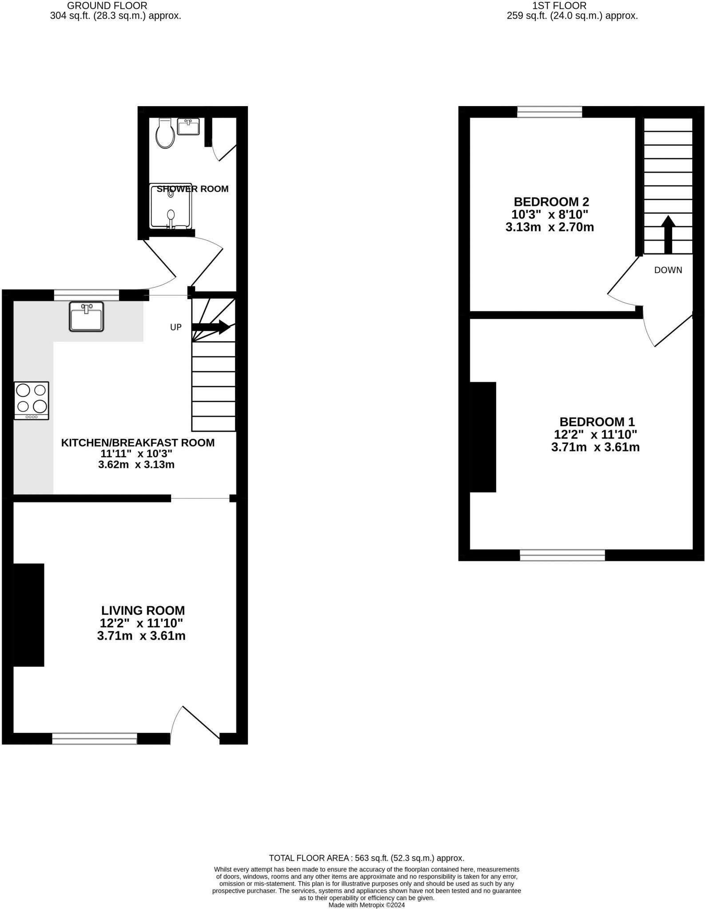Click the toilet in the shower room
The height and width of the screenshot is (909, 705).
click(x=165, y=134)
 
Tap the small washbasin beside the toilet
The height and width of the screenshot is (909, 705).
click(x=188, y=127)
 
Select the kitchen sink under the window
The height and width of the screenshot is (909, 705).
click(x=87, y=316)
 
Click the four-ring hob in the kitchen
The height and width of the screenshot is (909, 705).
click(x=32, y=400)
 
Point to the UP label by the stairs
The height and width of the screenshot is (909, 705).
click(x=176, y=327)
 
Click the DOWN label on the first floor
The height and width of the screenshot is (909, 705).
click(x=668, y=270)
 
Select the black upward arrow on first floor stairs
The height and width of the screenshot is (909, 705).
click(x=668, y=234)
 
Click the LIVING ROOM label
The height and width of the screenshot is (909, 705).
click(x=143, y=610)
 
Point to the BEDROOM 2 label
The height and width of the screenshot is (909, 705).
click(x=551, y=202)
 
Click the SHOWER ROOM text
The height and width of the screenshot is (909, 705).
click(x=192, y=189)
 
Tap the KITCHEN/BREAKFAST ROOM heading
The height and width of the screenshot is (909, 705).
click(x=138, y=443)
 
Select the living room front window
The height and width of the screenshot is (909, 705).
click(x=95, y=738)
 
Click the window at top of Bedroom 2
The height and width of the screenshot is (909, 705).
click(x=550, y=112)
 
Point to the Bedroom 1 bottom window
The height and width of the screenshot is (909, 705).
click(x=562, y=555)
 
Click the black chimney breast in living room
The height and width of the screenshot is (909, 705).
click(x=29, y=615)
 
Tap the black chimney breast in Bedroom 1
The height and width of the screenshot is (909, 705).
click(x=483, y=437)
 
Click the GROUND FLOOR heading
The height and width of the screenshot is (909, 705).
click(x=107, y=6)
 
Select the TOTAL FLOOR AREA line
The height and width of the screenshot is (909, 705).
click(x=366, y=858)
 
